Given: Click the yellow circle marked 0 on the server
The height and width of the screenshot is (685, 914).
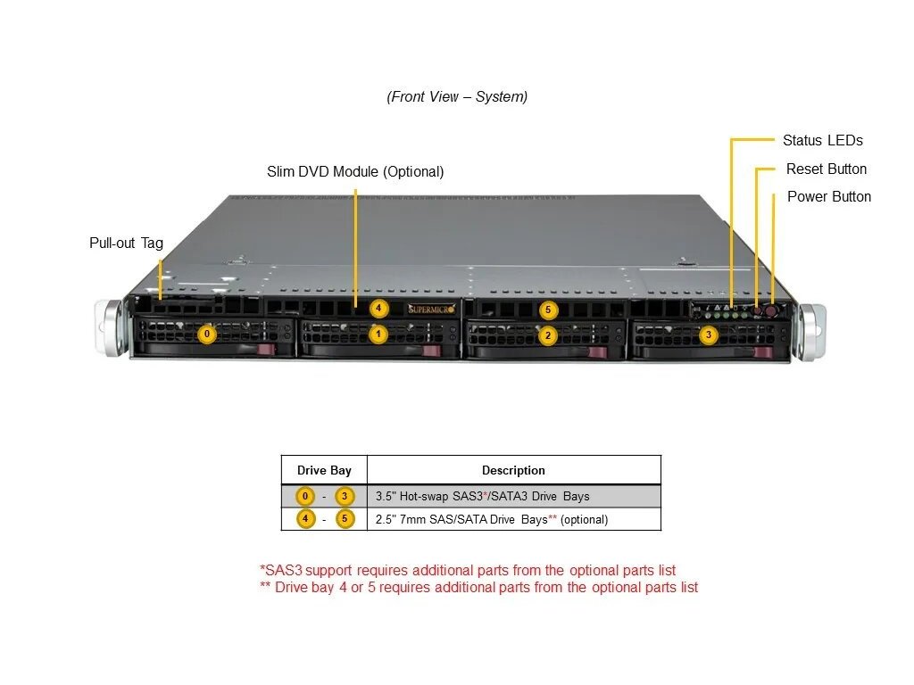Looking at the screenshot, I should [x=207, y=334].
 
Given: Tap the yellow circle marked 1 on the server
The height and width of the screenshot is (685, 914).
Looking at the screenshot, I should [x=378, y=334].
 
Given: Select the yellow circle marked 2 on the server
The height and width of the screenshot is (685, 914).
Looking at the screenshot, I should [x=548, y=335].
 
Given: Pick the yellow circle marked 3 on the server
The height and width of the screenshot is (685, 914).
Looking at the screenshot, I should [x=708, y=335].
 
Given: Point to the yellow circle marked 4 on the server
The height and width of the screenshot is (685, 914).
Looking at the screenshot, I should [x=378, y=309].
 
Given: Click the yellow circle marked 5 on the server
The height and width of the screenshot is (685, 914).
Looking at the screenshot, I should [x=549, y=310].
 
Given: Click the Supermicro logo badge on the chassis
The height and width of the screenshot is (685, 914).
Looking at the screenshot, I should [x=432, y=309].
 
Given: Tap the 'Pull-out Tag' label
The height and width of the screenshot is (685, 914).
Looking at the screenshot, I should [x=126, y=243].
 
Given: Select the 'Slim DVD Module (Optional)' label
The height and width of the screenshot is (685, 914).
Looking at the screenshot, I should [x=355, y=171].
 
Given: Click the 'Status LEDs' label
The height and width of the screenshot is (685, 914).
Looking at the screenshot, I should [x=822, y=140].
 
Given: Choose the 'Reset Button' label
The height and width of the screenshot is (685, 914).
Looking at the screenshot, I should [x=826, y=169].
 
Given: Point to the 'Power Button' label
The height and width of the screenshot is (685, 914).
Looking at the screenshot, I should [x=828, y=196].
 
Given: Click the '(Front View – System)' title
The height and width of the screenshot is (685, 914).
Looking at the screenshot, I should [x=457, y=96].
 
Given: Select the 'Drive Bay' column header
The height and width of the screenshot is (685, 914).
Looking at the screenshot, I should [x=324, y=470].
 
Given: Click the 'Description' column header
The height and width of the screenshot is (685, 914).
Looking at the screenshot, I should [x=513, y=470].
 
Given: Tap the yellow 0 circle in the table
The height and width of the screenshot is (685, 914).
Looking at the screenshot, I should [x=305, y=497].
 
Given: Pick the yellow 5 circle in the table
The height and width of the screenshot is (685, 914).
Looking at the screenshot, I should [x=345, y=519].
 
